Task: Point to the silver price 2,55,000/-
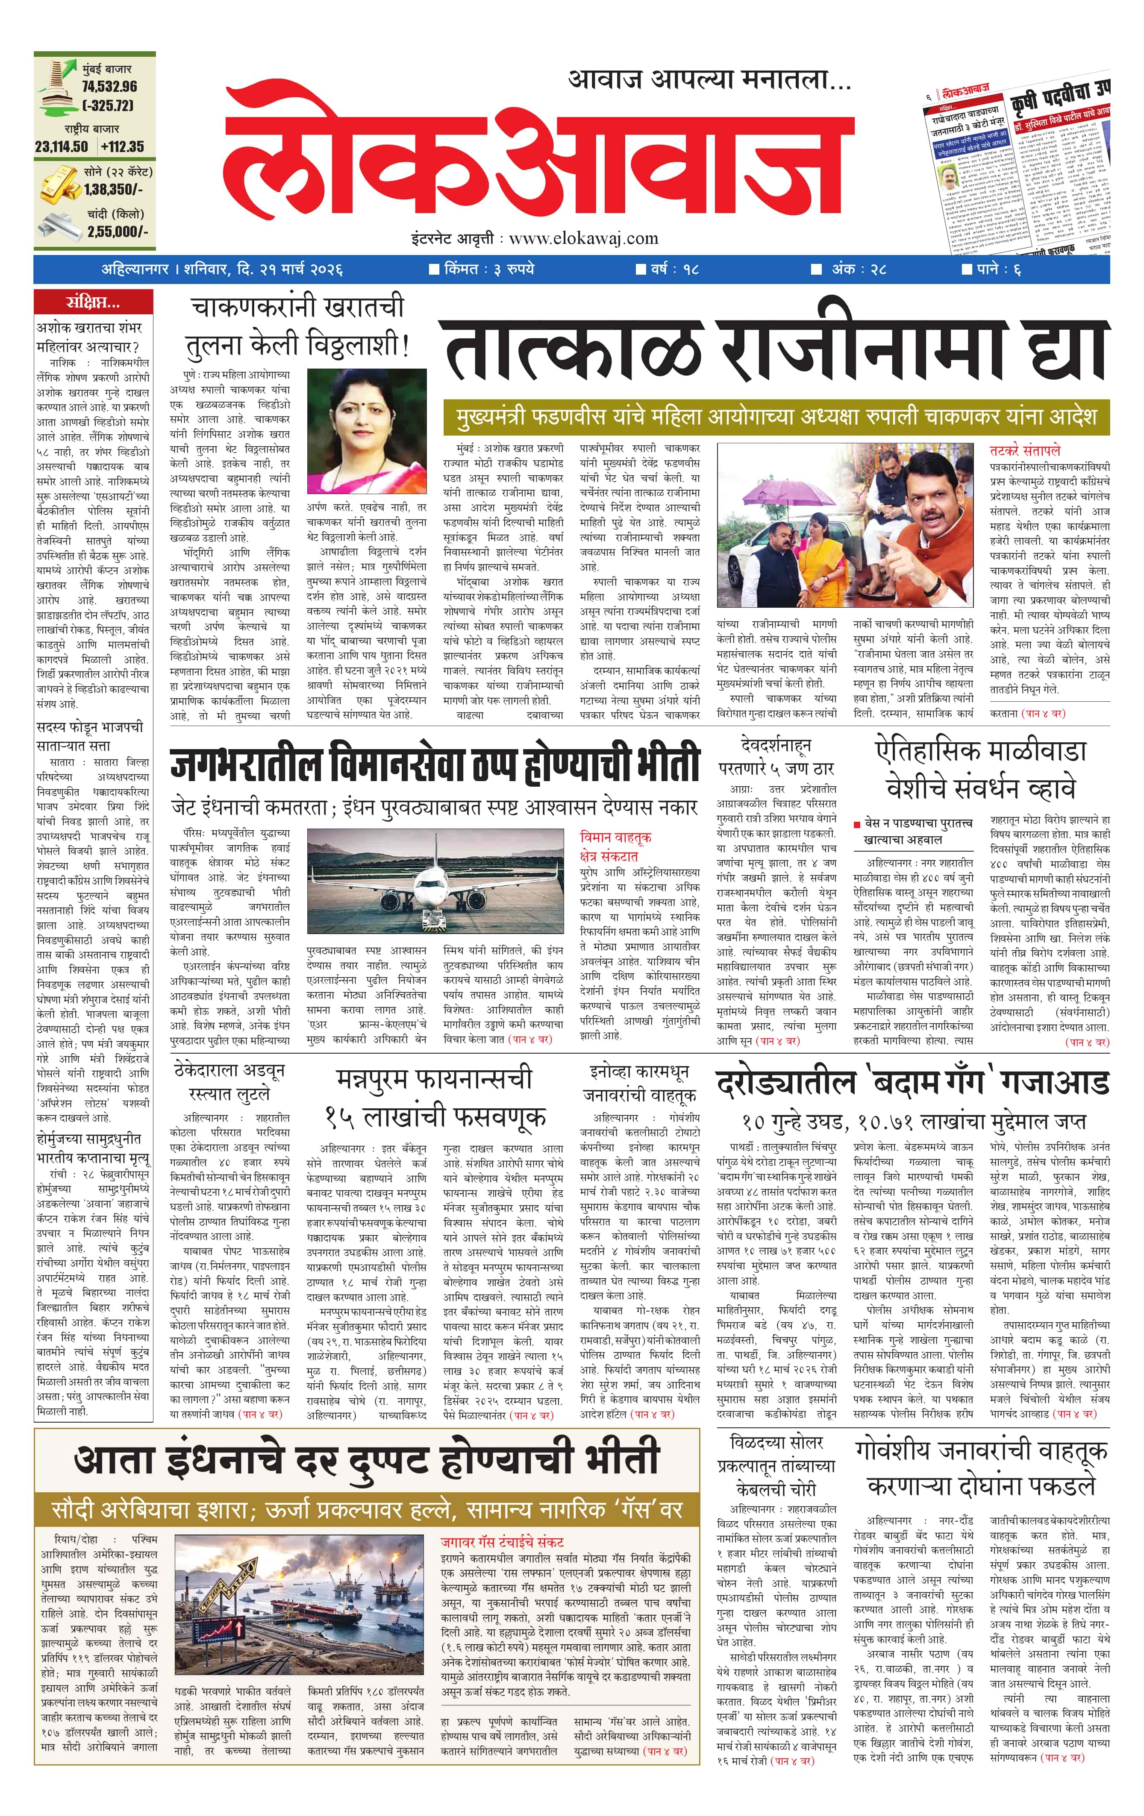pos(117,231)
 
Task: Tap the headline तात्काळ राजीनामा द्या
pos(776,350)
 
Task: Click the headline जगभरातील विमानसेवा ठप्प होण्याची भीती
pos(435,764)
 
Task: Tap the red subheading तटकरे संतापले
pos(1025,450)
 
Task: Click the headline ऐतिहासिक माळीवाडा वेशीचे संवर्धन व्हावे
pos(981,769)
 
